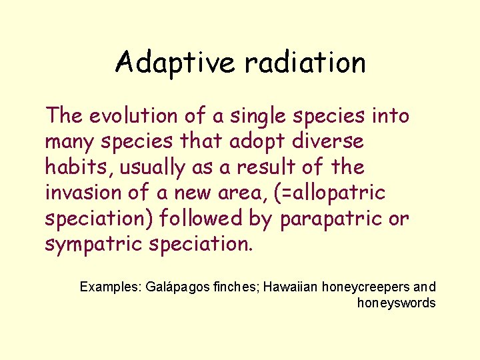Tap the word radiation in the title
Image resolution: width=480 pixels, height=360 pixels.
305,63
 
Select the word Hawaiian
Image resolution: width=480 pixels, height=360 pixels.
291,287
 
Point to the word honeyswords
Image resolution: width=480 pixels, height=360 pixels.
397,303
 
